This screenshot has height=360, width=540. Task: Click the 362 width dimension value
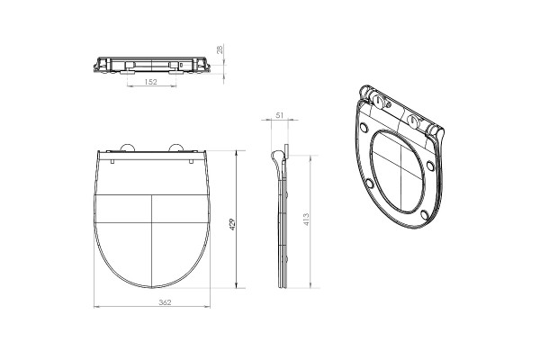(x=165, y=302)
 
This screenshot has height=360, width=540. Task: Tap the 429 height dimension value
(x=232, y=224)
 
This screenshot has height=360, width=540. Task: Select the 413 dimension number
(x=306, y=220)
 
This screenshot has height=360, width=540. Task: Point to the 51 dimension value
(x=279, y=115)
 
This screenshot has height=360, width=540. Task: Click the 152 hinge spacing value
(x=150, y=82)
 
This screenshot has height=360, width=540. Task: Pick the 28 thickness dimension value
(x=220, y=49)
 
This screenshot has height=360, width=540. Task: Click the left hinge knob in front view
(x=127, y=148)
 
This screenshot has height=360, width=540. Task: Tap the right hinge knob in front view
(x=176, y=148)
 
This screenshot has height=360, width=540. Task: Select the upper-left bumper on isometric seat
(x=364, y=128)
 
